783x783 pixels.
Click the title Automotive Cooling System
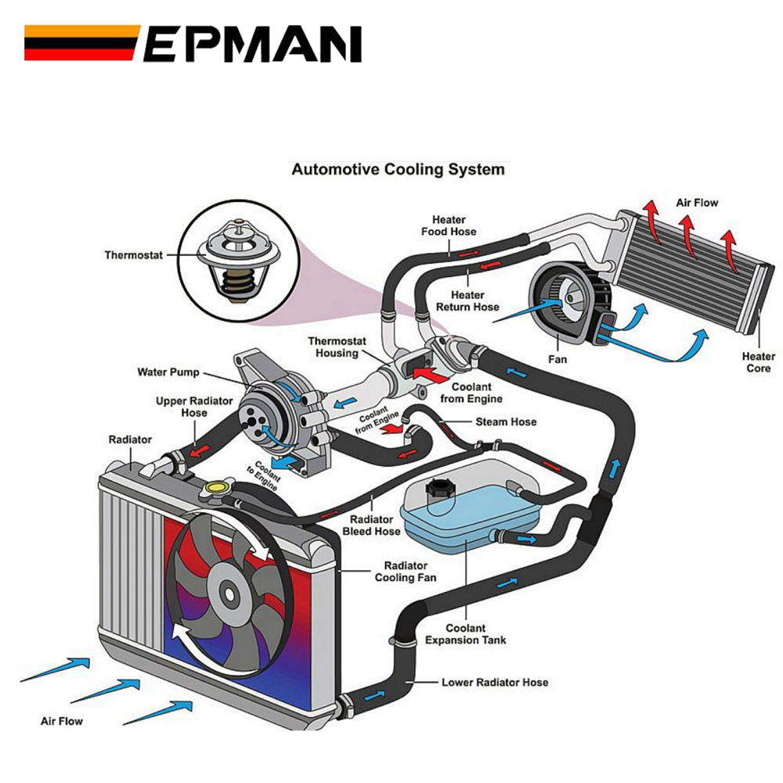coord(398,169)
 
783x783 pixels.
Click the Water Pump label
coord(168,372)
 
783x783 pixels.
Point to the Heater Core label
coord(758,363)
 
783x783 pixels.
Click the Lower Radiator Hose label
coord(495,682)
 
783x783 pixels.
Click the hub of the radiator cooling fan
coord(227,594)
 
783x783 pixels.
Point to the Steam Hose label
coord(506,421)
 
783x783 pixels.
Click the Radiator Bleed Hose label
coord(372,525)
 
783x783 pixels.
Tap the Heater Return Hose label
coord(467,301)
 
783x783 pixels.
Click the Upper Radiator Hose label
coord(182,406)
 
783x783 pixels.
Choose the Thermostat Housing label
coord(332,347)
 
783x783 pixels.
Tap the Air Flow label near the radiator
coord(61,720)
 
